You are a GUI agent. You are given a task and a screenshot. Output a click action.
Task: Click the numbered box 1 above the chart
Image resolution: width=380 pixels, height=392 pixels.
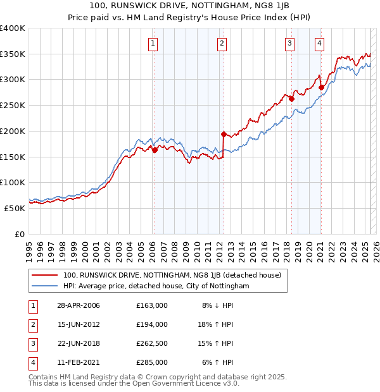(154, 44)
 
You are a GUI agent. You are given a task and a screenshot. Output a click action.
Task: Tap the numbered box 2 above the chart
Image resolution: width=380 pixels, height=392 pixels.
(222, 44)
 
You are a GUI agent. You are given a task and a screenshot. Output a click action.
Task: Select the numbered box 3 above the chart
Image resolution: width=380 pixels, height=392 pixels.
(289, 44)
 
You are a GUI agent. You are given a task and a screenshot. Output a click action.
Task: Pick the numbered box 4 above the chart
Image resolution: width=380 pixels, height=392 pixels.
(319, 44)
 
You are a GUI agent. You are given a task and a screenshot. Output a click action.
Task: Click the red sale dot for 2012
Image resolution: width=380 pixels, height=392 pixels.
(224, 134)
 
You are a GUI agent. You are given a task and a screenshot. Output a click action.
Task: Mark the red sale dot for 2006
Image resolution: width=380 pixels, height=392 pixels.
(155, 150)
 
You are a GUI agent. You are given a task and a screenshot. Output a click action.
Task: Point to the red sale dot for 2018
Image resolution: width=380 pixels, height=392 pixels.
(291, 99)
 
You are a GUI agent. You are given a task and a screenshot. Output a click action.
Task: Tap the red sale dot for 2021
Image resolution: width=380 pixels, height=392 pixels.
(321, 87)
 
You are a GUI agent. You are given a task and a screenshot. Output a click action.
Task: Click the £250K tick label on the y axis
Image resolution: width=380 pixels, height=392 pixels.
(13, 105)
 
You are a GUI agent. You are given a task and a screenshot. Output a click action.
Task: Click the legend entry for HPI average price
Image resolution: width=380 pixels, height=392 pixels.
(156, 286)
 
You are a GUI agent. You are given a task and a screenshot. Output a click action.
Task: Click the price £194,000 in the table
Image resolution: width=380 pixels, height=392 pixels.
(151, 324)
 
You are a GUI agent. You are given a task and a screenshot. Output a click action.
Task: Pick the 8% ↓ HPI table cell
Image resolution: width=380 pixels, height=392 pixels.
(217, 305)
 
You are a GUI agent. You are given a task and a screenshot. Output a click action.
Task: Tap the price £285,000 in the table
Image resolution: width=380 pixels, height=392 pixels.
(151, 362)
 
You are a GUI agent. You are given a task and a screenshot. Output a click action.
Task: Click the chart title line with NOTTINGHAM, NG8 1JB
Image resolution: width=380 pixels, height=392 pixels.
(190, 7)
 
